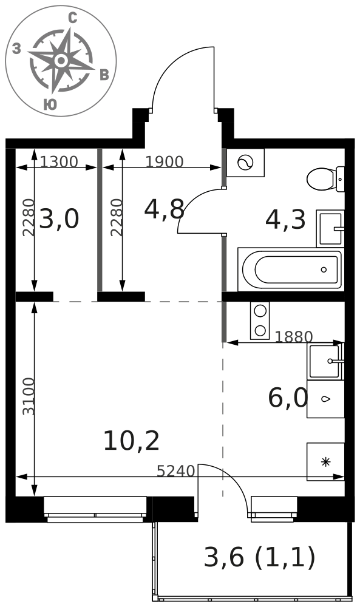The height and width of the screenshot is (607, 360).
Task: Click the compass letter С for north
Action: [x=72, y=18]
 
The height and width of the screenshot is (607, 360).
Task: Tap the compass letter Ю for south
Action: [x=50, y=104]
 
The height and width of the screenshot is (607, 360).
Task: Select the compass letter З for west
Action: [x=16, y=49]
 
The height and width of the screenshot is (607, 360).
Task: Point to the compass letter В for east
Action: [x=104, y=75]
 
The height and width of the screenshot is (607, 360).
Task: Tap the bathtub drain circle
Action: [x=324, y=270]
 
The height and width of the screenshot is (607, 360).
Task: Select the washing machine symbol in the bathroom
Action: [x=245, y=163]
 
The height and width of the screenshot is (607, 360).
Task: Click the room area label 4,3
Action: [x=285, y=220]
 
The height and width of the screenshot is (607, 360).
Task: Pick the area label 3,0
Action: [x=59, y=219]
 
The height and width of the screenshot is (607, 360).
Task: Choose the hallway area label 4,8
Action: [x=164, y=209]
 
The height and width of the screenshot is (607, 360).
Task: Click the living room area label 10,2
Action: [x=132, y=441]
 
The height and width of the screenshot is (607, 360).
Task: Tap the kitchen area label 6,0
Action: [x=288, y=398]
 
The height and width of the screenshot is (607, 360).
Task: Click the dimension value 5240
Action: [x=175, y=471]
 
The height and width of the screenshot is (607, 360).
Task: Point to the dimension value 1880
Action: [x=293, y=337]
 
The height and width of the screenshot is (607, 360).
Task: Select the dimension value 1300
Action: [x=59, y=161]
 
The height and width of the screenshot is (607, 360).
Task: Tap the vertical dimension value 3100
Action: [x=29, y=397]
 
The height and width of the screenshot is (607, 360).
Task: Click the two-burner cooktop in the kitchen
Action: [x=260, y=320]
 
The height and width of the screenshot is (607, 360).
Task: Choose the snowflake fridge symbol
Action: [x=325, y=461]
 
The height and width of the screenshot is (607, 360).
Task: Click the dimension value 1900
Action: [x=165, y=161]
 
